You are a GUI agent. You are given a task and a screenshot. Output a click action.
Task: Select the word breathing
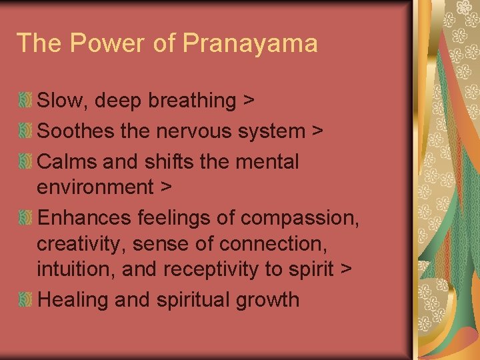pyautogui.click(x=192, y=101)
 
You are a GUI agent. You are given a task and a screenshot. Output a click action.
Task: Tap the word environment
pyautogui.click(x=95, y=187)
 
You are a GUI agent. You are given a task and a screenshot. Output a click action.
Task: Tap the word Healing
pyautogui.click(x=73, y=300)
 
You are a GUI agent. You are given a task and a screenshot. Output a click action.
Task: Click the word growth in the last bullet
pyautogui.click(x=267, y=300)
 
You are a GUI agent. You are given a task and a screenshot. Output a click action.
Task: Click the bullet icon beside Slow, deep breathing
pyautogui.click(x=25, y=101)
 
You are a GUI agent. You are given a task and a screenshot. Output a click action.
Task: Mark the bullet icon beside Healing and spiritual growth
pyautogui.click(x=25, y=300)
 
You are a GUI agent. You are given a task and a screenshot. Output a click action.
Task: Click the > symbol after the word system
pyautogui.click(x=318, y=132)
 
